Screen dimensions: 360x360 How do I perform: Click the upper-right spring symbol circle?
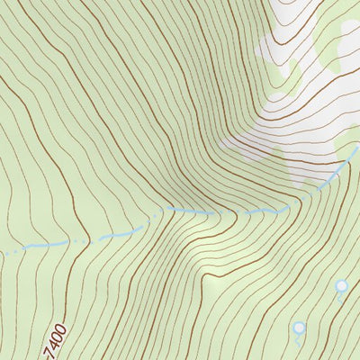pos(341,286)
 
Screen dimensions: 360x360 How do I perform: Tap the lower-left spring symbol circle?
pos(299,328)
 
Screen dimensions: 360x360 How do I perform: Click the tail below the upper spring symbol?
pos(340,296)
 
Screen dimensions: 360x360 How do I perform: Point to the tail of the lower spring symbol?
pos(297,339)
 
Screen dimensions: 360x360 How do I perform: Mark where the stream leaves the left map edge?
pos(1,255)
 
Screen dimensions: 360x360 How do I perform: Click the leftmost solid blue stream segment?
pos(36,245)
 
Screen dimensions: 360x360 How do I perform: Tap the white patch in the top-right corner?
pos(346,36)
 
